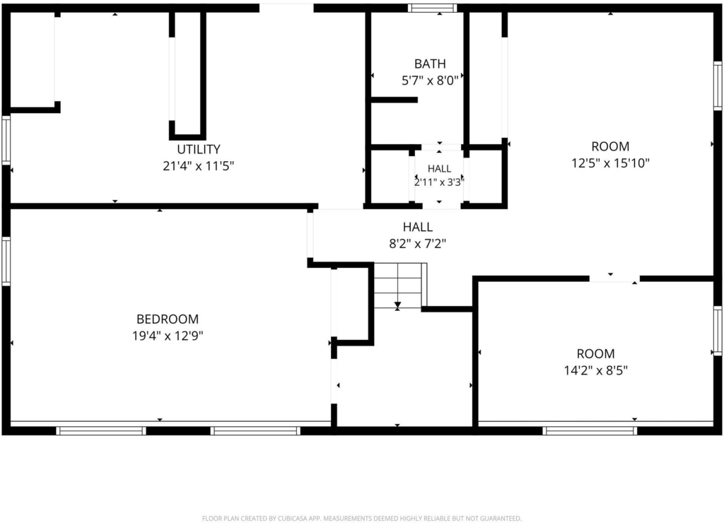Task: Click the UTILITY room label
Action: coord(199,149)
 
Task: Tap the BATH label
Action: coord(430,64)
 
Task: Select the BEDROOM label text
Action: coord(168,319)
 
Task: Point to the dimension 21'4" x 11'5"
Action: coord(199,165)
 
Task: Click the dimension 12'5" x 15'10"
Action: coord(610,163)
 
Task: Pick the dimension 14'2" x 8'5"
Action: coord(595,370)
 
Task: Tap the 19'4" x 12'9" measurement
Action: coord(168,336)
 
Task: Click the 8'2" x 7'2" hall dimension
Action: coord(417,243)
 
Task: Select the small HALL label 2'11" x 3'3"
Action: coord(439,175)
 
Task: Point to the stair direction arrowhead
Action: coord(397,305)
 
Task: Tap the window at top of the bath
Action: coord(433,8)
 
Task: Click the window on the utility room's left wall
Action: coord(6,141)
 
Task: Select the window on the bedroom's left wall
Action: coord(6,261)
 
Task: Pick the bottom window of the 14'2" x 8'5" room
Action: coord(590,430)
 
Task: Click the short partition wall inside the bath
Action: coord(395,100)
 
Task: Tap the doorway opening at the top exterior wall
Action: coord(286,8)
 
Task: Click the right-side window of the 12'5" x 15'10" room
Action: coord(718,86)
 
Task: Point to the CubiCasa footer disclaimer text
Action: coord(362,518)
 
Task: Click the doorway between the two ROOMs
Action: coord(614,278)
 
